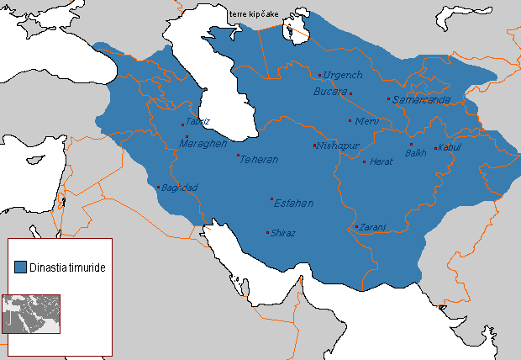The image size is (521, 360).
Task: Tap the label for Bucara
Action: (329, 91)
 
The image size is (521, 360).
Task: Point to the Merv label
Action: (368, 121)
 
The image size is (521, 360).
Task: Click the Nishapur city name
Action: (338, 146)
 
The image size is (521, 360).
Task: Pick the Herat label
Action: (381, 161)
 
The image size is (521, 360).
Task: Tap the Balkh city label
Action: (416, 153)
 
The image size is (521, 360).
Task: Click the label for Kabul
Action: (450, 149)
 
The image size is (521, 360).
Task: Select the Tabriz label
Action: (198, 121)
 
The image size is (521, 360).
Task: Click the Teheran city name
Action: (259, 160)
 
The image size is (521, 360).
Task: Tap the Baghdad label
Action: (179, 187)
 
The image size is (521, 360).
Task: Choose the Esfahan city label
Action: (293, 203)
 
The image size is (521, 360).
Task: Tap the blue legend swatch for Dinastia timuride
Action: (20, 266)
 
